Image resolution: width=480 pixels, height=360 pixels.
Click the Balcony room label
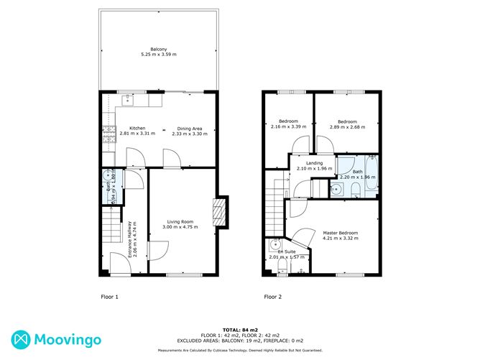[x=159, y=50]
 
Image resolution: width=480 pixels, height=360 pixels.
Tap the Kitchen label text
[x=137, y=128]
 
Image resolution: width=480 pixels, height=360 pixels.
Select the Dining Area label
[x=190, y=128]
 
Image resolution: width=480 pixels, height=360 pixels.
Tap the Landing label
[x=314, y=163]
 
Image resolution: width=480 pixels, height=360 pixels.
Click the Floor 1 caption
[x=109, y=297]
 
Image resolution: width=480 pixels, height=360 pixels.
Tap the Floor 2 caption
[x=272, y=297]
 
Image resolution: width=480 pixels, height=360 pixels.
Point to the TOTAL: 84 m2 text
[x=240, y=330]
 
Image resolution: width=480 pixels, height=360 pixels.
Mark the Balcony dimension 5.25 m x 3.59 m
[x=159, y=55]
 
